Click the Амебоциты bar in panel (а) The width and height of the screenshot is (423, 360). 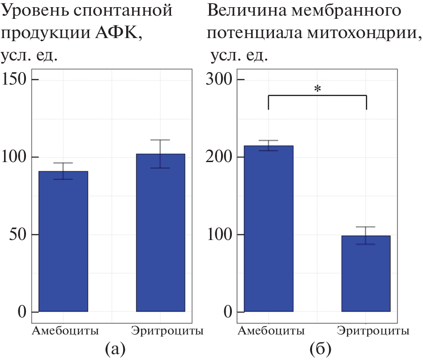click(x=63, y=241)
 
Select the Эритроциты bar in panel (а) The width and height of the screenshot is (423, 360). click(x=160, y=233)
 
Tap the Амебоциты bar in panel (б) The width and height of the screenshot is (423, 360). click(x=269, y=228)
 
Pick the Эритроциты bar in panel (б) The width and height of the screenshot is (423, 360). click(x=366, y=274)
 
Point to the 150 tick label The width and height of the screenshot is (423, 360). click(x=15, y=79)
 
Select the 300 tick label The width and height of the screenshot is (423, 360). click(x=221, y=79)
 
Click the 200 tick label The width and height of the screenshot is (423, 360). click(x=221, y=157)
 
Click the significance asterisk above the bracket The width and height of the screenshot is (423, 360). click(x=317, y=89)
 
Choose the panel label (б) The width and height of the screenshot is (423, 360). click(x=317, y=348)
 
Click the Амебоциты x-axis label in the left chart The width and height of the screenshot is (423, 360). click(x=65, y=331)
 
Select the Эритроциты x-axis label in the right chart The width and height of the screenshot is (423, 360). click(x=373, y=331)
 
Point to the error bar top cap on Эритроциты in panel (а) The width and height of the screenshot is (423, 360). click(x=160, y=140)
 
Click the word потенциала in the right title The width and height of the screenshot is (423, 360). click(x=250, y=33)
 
